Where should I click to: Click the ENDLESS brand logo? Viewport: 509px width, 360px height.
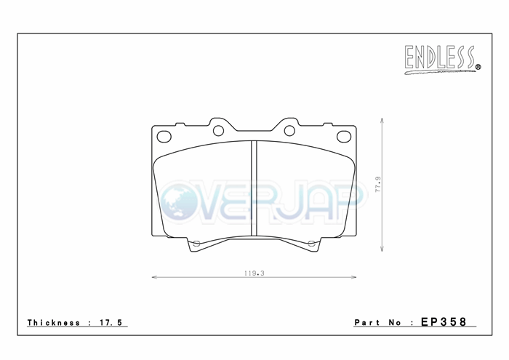click(x=442, y=60)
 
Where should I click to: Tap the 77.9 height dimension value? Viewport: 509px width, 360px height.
click(x=378, y=185)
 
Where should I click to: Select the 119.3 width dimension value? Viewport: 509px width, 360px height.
click(x=254, y=273)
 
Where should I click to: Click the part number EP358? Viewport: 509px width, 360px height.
click(x=444, y=321)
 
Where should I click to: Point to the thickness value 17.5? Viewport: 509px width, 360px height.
click(x=111, y=323)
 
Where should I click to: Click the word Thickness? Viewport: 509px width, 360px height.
click(x=54, y=323)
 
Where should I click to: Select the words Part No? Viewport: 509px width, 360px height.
click(x=377, y=323)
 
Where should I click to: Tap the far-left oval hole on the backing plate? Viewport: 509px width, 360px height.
click(x=164, y=136)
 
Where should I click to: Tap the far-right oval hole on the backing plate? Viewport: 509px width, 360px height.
click(x=344, y=136)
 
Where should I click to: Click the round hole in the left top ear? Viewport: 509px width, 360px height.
click(x=218, y=131)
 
